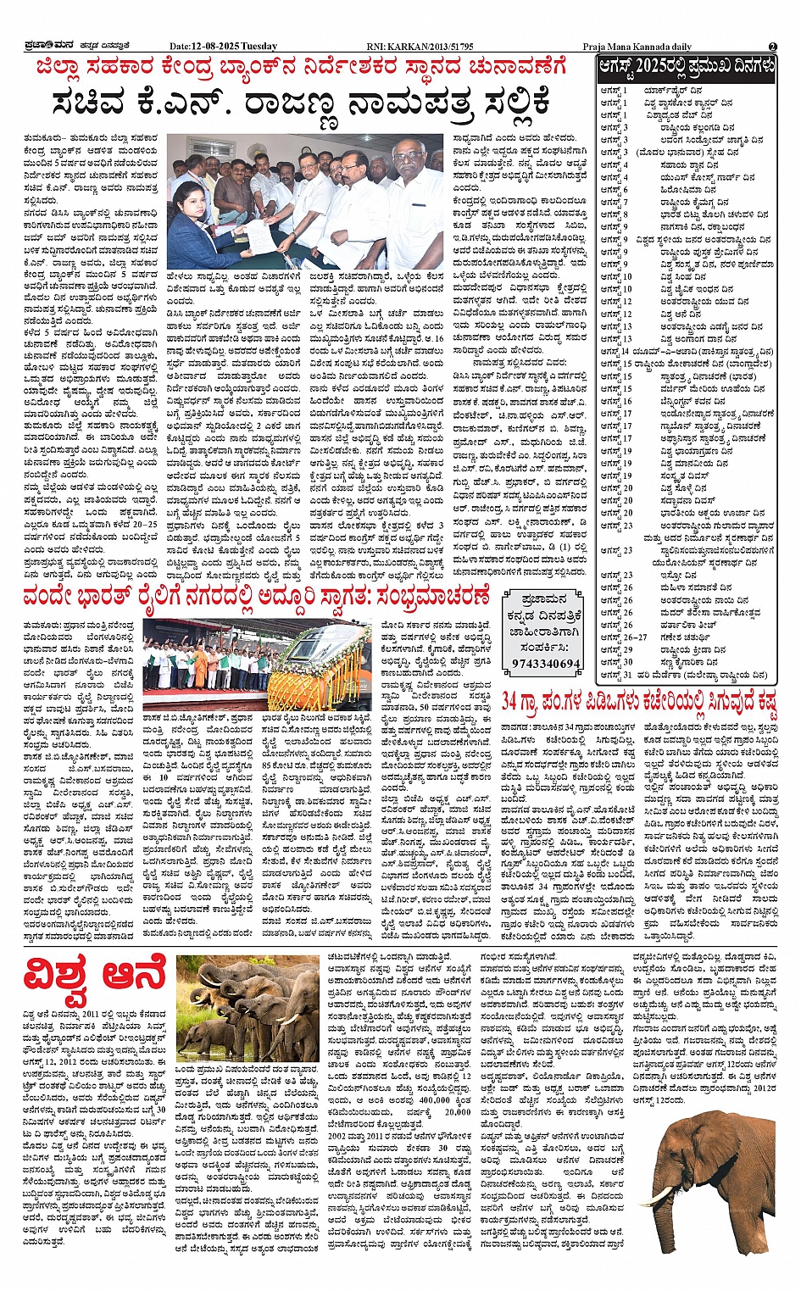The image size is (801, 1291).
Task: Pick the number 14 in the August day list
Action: point(626,351)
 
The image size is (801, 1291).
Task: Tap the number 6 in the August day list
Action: point(626,190)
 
